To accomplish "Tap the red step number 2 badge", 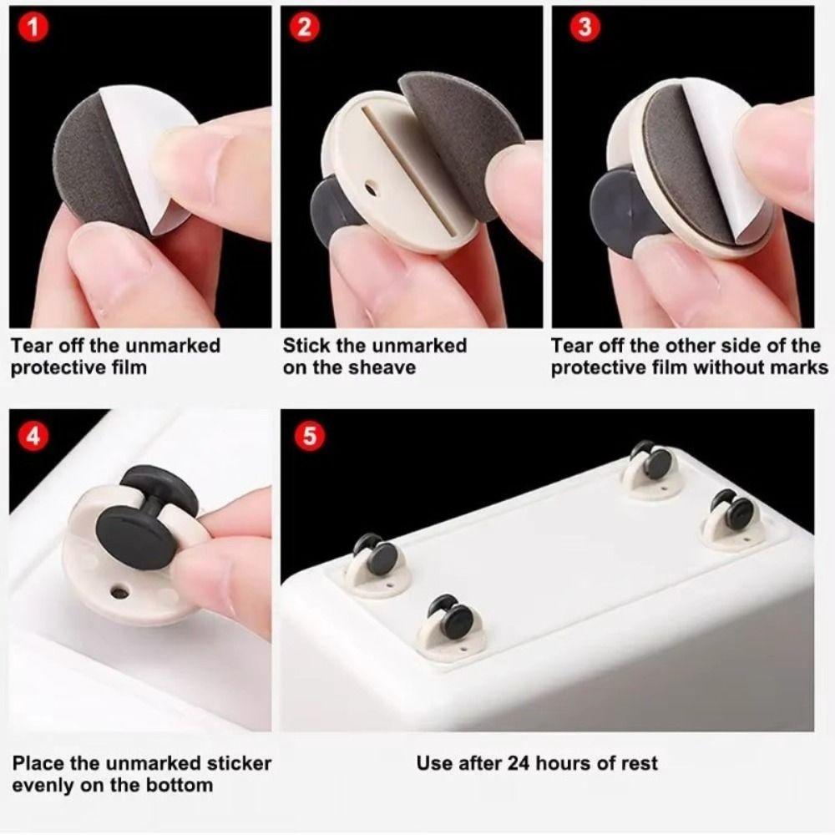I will [x=305, y=27].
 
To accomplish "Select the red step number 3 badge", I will [x=584, y=27].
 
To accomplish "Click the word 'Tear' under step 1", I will [x=32, y=346].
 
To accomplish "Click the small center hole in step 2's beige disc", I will [x=371, y=181].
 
